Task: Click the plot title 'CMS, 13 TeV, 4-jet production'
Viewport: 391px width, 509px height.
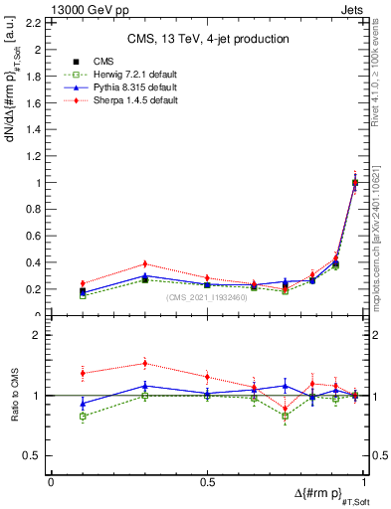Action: coord(208,39)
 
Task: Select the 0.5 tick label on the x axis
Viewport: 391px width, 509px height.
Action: coord(208,481)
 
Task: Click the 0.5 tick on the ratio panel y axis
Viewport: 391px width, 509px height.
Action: coord(34,455)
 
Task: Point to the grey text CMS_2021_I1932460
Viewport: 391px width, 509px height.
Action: coord(208,296)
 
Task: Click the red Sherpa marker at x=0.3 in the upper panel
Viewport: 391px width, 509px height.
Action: coord(144,264)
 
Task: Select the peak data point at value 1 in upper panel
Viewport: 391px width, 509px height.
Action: coord(355,183)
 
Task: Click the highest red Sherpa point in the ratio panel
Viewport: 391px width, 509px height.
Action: coord(144,364)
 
